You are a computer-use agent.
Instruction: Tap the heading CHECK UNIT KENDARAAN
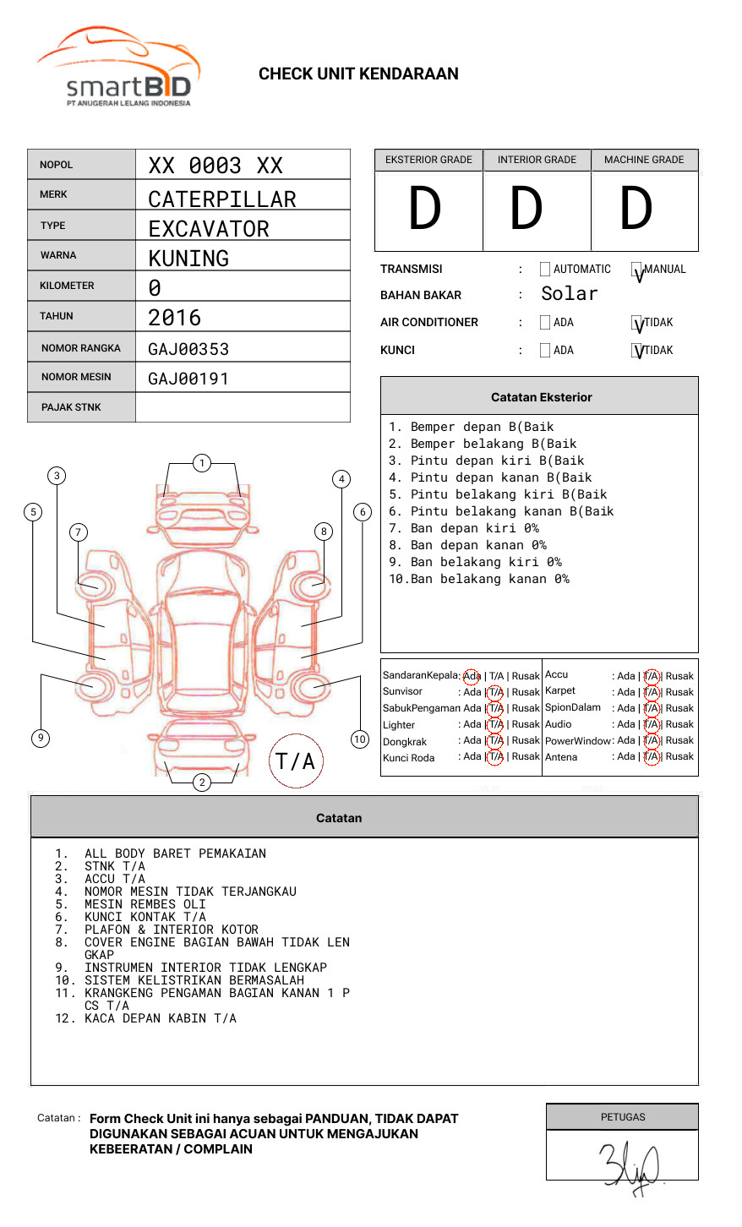click(x=358, y=74)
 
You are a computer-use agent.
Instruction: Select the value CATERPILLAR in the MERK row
click(x=222, y=199)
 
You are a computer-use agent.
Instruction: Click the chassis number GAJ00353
click(x=188, y=349)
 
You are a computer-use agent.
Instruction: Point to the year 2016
click(x=175, y=318)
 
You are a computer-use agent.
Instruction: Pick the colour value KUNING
click(x=188, y=259)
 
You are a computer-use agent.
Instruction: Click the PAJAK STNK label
click(x=71, y=407)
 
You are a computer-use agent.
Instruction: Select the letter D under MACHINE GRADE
click(x=636, y=209)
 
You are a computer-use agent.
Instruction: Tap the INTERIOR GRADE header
click(x=537, y=160)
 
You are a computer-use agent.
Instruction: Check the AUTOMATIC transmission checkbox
click(x=545, y=270)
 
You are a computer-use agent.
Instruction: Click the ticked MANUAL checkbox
click(x=637, y=270)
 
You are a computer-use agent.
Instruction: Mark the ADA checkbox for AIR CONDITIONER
click(x=545, y=323)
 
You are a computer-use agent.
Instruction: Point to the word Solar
click(x=569, y=294)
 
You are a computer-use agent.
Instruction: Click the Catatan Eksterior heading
click(x=541, y=397)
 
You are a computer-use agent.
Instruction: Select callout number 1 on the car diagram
click(x=201, y=462)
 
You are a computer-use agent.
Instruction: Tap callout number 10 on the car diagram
click(x=360, y=739)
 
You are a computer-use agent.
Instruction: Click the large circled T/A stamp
click(x=296, y=761)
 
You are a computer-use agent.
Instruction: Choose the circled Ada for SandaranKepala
click(x=472, y=676)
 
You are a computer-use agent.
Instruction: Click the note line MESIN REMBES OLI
click(x=145, y=904)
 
